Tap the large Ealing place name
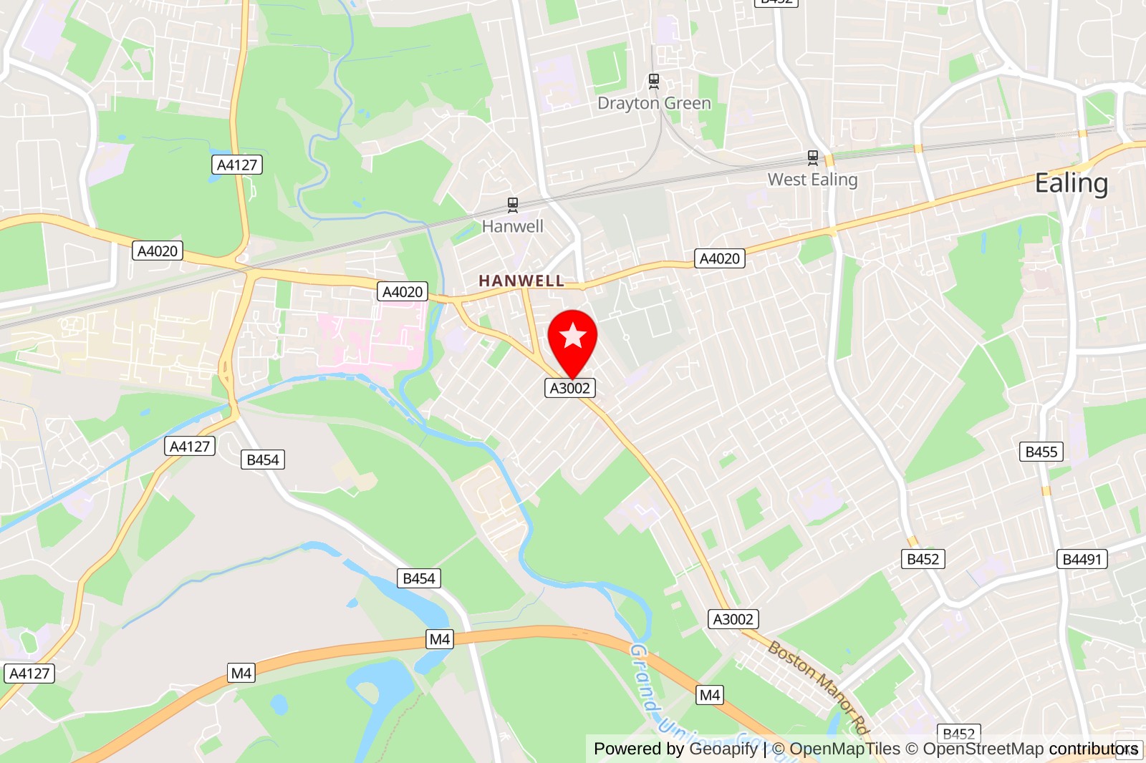click(x=1071, y=183)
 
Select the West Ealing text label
click(x=812, y=180)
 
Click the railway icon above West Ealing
click(x=812, y=157)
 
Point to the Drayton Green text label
click(x=654, y=103)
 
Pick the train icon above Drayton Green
click(x=653, y=81)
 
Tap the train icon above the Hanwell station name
click(x=513, y=205)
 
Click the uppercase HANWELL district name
click(x=521, y=281)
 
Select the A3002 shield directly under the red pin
click(x=570, y=388)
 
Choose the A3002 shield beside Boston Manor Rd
click(x=733, y=619)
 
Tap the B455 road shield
click(x=1041, y=452)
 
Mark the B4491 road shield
click(x=1082, y=559)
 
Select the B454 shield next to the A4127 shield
click(x=262, y=460)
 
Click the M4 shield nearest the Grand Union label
click(x=709, y=695)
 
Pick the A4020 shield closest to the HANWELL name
click(x=403, y=291)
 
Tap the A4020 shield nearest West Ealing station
click(x=719, y=258)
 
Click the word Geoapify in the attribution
click(x=723, y=749)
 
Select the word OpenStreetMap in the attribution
click(x=983, y=749)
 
